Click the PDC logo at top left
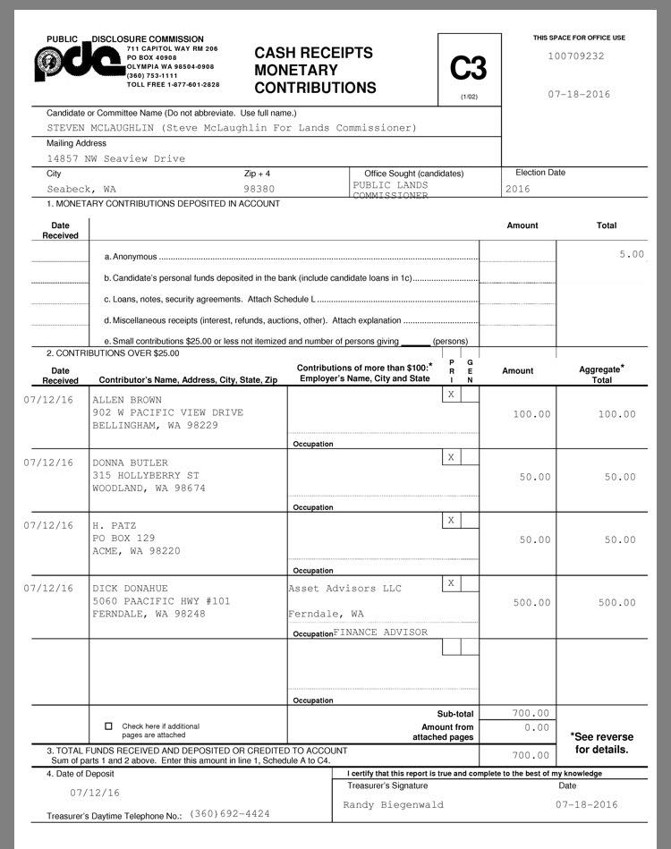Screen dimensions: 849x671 79,61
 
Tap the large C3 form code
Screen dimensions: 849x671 469,68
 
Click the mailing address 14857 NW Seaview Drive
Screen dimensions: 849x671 116,158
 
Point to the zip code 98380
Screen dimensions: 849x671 259,189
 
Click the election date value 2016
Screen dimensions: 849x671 518,189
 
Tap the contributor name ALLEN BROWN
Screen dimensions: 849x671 127,399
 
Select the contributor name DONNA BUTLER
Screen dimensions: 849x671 131,463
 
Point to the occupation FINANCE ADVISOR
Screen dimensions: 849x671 380,632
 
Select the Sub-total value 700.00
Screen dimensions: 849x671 531,713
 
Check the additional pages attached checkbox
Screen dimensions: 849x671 109,726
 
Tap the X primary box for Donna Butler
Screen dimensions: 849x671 451,457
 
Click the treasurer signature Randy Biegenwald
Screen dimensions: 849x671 392,804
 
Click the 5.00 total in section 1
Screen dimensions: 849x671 632,254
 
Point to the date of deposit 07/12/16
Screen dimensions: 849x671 95,793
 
